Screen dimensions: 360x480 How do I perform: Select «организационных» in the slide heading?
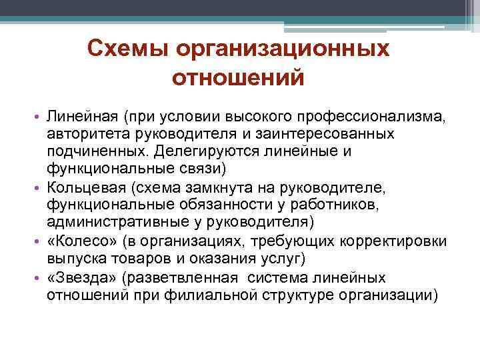point(282,49)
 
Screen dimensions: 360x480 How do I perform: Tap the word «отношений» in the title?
point(238,78)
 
